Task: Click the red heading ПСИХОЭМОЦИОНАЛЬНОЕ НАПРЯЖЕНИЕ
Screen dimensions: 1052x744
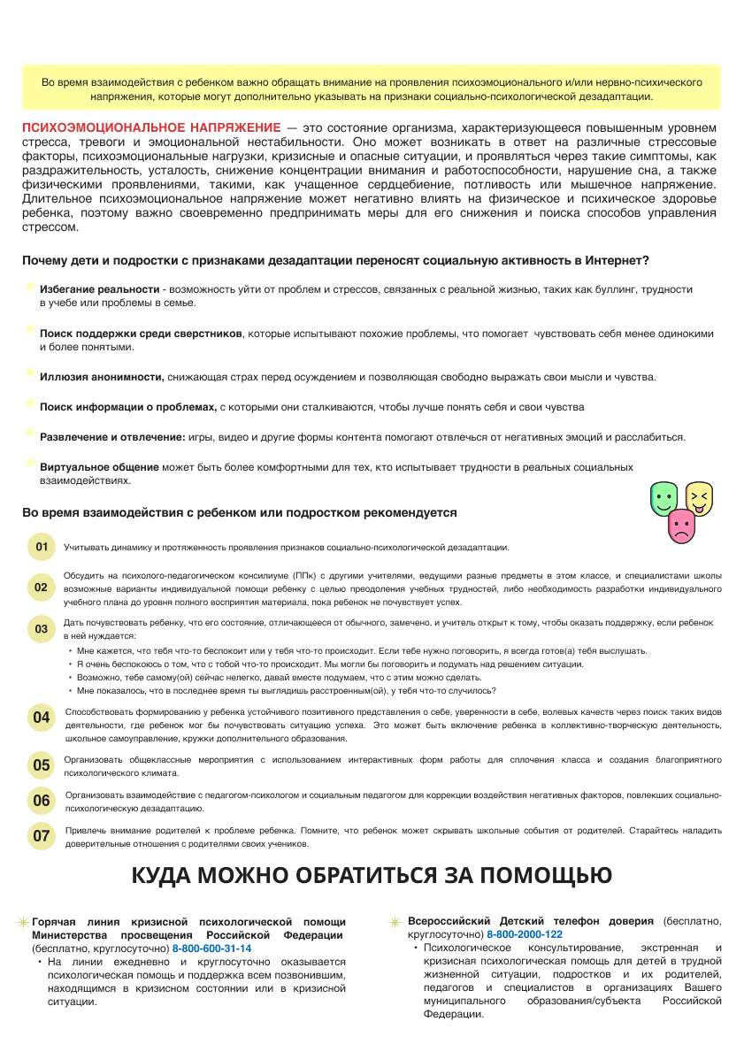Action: click(151, 127)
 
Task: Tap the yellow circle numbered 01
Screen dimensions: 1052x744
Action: click(42, 547)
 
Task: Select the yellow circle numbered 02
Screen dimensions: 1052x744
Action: click(42, 587)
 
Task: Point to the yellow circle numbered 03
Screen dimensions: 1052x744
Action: click(42, 629)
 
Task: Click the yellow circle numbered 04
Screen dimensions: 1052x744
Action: click(42, 718)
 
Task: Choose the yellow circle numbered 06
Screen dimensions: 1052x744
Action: click(42, 801)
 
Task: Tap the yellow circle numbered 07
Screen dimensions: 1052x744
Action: click(42, 836)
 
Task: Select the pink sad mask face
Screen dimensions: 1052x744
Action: click(681, 527)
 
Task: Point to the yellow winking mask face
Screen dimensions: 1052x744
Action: click(699, 498)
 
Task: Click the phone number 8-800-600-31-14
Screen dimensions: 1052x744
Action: click(212, 948)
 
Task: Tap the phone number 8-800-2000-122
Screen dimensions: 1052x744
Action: click(525, 934)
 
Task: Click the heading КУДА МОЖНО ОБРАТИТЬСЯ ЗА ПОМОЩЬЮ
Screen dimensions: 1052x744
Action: click(372, 876)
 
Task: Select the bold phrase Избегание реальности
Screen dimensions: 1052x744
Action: click(98, 289)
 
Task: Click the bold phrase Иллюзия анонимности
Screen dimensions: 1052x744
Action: click(102, 377)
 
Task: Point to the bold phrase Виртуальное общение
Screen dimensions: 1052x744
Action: click(99, 466)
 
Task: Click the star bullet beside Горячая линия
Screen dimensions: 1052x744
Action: click(24, 922)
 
